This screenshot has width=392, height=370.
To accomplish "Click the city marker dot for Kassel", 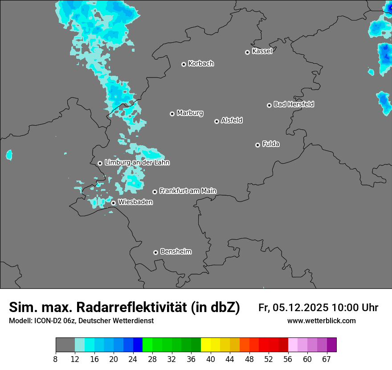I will (247, 52).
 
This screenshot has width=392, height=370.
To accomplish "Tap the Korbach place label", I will (201, 64).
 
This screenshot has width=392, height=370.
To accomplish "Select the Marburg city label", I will (190, 113).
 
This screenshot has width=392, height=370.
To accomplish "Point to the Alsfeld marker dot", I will (216, 121).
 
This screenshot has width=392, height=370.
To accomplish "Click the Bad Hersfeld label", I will (294, 104).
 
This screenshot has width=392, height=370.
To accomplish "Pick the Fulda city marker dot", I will (257, 145).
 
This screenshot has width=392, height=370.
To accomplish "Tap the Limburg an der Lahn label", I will (137, 163).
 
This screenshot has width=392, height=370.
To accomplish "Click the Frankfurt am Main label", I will (188, 191).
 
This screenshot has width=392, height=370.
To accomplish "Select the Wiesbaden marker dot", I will (114, 203).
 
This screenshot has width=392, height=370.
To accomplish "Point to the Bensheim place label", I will (176, 251).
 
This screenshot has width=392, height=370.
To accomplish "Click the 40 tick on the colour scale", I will (211, 359).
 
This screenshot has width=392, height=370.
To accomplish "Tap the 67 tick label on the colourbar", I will (327, 359).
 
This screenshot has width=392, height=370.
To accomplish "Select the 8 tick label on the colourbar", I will (56, 359).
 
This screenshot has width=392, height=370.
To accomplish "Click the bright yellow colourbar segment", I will (206, 345).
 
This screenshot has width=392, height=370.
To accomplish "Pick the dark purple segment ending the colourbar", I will (331, 345).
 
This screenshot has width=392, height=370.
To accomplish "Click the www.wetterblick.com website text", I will (321, 321).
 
